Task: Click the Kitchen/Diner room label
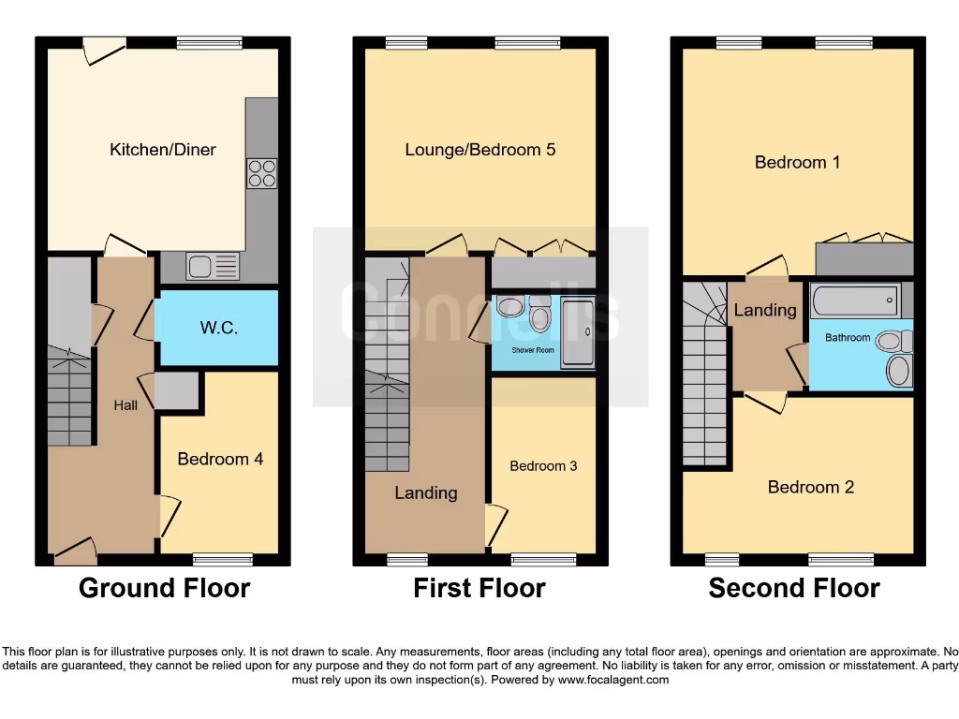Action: tap(163, 149)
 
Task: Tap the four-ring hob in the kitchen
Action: tap(261, 173)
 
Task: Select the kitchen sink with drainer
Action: tap(213, 267)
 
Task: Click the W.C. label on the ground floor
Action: tap(216, 329)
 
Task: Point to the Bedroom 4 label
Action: tap(220, 459)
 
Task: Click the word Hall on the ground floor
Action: tap(125, 404)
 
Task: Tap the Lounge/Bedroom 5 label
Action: tap(479, 149)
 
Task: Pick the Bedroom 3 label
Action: tap(543, 465)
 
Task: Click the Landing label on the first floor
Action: tap(425, 492)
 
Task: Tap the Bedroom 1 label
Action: tap(797, 162)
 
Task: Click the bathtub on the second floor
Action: tap(855, 301)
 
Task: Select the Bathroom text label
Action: tap(848, 337)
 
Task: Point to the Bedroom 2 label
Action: tap(810, 487)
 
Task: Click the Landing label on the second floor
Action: tap(765, 310)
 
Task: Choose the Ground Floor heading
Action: tap(164, 588)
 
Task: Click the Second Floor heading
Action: tap(794, 588)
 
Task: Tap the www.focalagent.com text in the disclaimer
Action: tap(612, 680)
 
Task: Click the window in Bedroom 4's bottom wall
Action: tap(223, 560)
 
